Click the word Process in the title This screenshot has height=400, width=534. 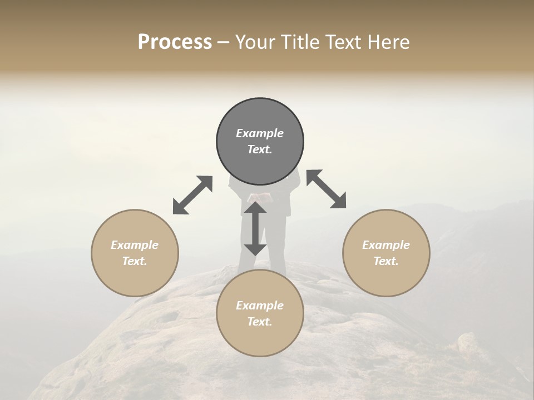pos(175,42)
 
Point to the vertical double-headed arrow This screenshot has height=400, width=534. pos(255,228)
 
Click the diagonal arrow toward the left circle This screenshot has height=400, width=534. pos(192,195)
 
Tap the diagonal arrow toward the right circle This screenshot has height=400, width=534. pos(327,189)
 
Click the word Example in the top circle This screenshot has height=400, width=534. pos(260,133)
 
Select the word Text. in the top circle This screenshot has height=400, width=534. pos(260,149)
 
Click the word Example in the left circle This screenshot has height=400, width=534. pos(135,245)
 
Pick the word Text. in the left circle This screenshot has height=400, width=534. pos(135,261)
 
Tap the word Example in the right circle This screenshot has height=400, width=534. pos(386,245)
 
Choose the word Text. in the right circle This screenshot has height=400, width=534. pos(386,261)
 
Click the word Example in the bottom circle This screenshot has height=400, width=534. pos(260,306)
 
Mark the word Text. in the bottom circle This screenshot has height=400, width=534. pos(260,322)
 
